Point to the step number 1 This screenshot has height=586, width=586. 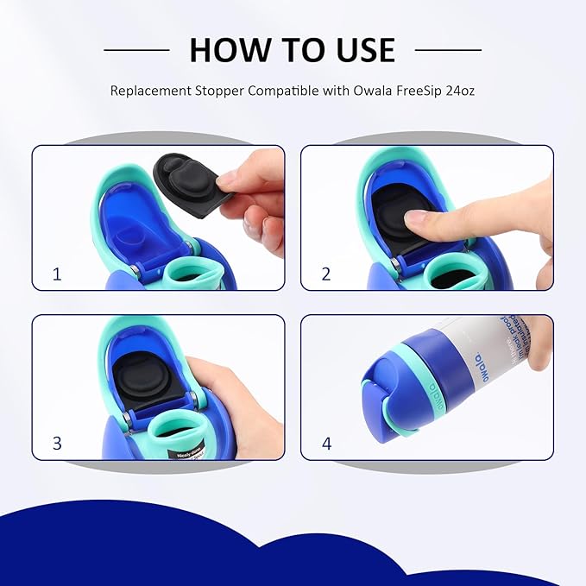click(57, 274)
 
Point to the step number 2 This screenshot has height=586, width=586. click(325, 274)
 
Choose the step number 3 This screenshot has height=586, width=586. click(57, 444)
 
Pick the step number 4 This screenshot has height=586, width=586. click(325, 444)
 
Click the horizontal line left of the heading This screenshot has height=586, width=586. click(135, 49)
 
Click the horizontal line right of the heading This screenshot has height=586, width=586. click(449, 49)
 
